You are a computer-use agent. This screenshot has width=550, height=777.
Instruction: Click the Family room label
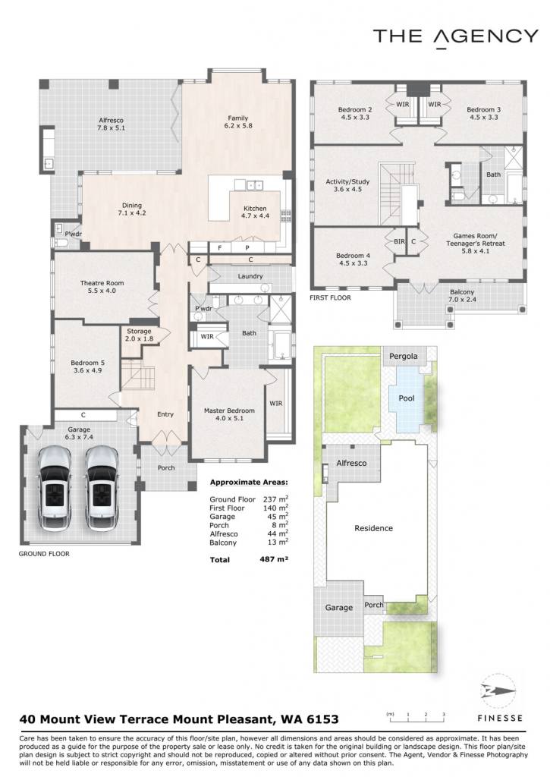[x=238, y=122]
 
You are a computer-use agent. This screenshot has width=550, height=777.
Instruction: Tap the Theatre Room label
[x=102, y=287]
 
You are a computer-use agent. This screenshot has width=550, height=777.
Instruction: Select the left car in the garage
[x=55, y=488]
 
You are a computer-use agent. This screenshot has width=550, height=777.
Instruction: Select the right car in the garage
[x=102, y=488]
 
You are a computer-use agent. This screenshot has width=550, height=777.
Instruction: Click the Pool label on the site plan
[x=407, y=398]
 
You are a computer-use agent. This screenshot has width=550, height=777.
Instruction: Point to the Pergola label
[x=404, y=357]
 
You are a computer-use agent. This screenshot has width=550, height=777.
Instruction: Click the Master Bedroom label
[x=229, y=414]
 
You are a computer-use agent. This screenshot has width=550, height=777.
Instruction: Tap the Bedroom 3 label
[x=483, y=114]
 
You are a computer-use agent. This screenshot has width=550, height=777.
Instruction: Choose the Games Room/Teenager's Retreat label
[x=475, y=244]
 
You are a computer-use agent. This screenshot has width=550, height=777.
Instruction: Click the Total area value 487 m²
[x=274, y=559]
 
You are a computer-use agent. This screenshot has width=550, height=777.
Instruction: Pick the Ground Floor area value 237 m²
[x=275, y=499]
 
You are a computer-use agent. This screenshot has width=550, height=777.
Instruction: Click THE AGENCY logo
[x=455, y=36]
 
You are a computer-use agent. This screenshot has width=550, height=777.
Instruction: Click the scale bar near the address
[x=416, y=715]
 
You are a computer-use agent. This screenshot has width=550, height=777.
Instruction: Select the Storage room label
[x=139, y=335]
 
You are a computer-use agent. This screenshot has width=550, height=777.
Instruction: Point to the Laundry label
[x=250, y=276]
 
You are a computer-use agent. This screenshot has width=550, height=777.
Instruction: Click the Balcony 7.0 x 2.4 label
[x=462, y=296]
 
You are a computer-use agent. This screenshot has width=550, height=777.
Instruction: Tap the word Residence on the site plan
[x=373, y=528]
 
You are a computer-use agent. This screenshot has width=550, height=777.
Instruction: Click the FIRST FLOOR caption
[x=330, y=297]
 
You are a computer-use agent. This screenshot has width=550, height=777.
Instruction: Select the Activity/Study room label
[x=347, y=185]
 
